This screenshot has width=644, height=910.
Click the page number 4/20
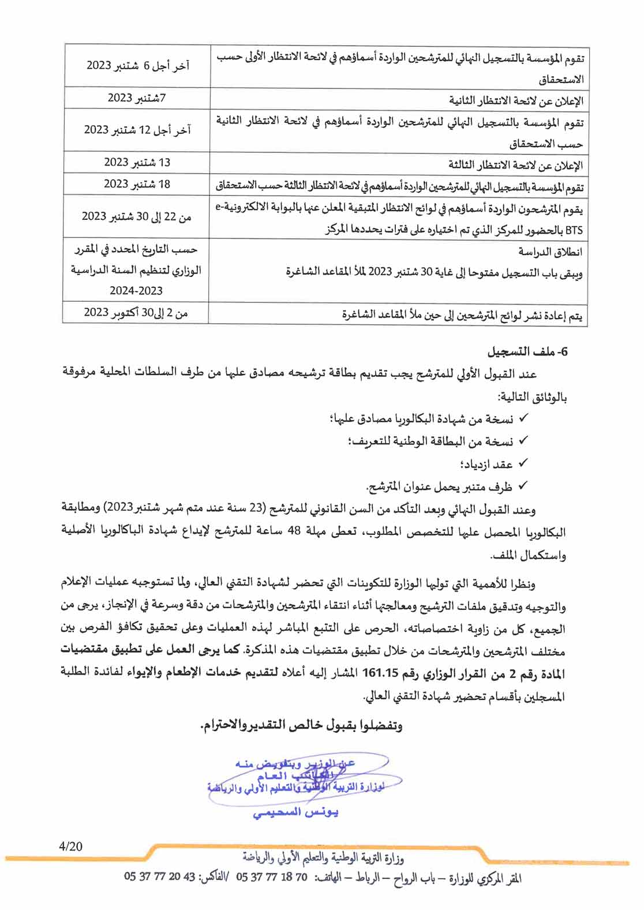point(70,847)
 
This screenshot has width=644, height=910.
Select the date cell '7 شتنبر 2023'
point(137,98)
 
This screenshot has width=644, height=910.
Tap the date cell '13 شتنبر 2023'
point(137,162)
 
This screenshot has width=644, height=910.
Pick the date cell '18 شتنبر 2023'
point(137,184)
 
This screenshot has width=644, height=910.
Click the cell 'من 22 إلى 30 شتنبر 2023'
point(136,216)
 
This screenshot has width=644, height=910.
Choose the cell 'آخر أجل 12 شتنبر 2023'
point(137,130)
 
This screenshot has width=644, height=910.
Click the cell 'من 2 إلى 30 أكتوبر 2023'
point(136,313)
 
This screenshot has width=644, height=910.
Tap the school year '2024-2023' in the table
point(136,291)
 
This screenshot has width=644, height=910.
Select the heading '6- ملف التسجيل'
point(528,351)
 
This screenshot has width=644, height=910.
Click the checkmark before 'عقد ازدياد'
point(523,463)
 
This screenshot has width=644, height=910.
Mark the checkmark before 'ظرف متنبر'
point(523,486)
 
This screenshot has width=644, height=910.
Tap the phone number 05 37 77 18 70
point(272,878)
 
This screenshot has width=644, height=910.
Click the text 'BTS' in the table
point(574,230)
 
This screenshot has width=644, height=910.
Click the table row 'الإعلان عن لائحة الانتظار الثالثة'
point(516,165)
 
